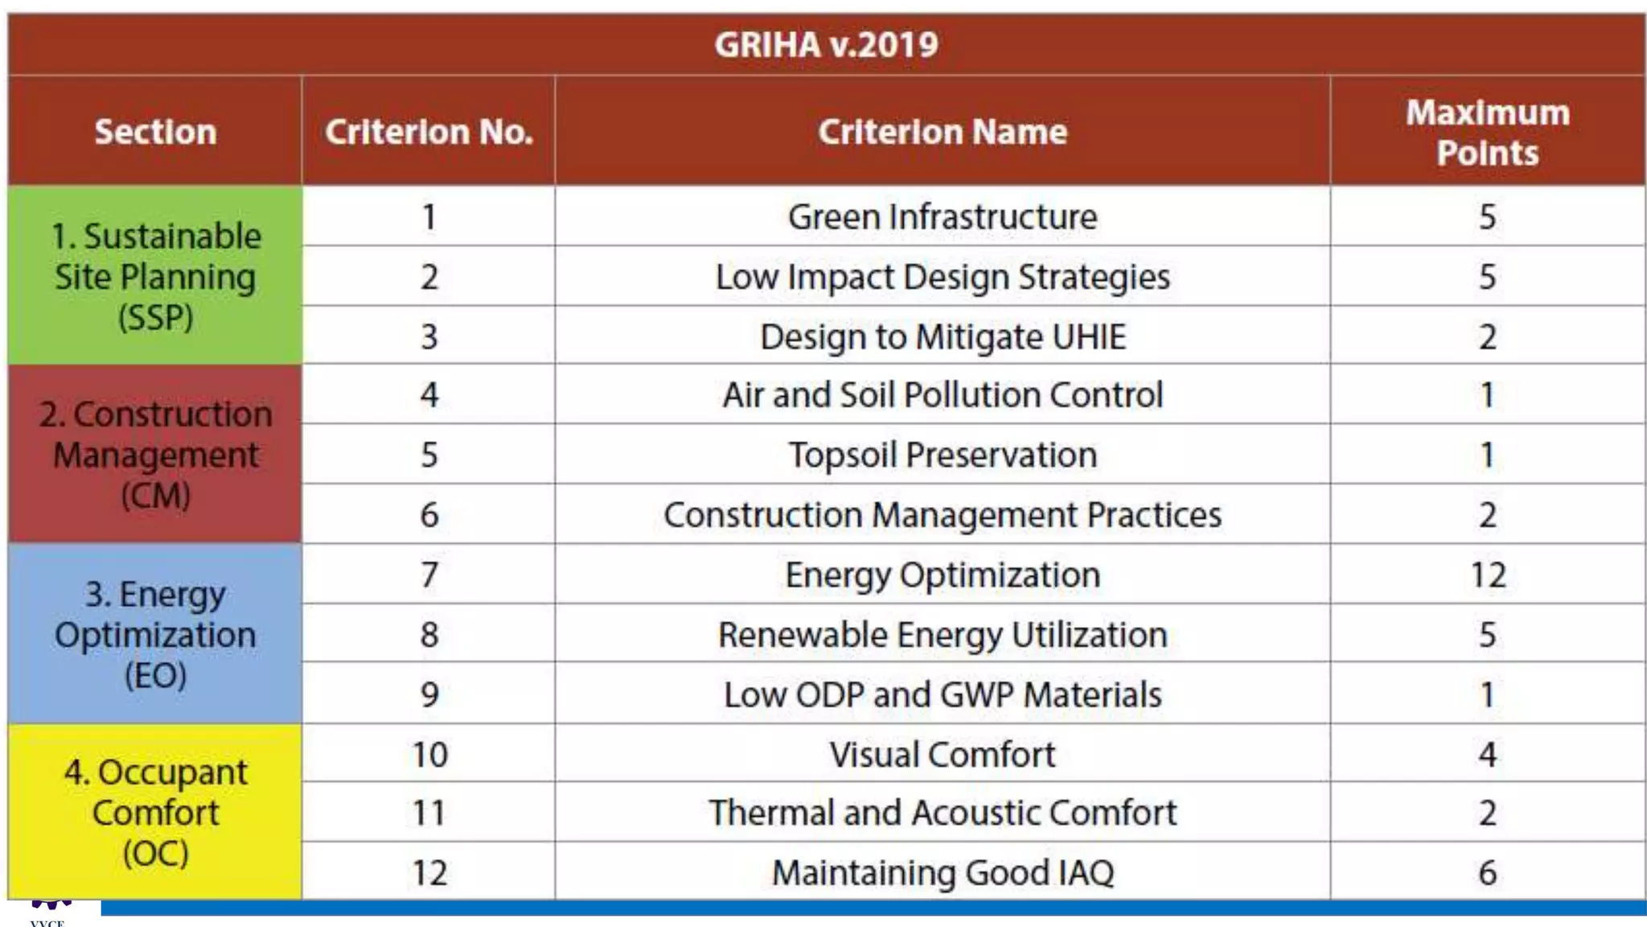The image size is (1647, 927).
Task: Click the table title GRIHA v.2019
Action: (826, 44)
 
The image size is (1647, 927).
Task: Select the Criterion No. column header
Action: (429, 132)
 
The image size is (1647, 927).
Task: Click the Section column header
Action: (155, 132)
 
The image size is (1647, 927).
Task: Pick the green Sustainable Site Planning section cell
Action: (155, 276)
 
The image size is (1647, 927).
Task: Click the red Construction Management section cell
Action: (155, 455)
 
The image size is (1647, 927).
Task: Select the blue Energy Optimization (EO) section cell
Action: (155, 634)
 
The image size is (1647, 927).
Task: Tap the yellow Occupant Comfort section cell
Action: (155, 812)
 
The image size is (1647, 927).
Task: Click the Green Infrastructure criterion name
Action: (942, 217)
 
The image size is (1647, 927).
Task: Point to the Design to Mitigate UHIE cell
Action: (942, 336)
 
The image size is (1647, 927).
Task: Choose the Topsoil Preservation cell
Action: (942, 455)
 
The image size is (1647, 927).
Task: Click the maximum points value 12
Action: (1487, 575)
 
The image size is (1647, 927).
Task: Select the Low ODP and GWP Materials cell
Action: (942, 694)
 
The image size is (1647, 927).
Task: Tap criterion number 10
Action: (429, 755)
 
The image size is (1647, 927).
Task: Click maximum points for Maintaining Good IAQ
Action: (1487, 873)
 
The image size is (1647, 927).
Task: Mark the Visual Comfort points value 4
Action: (1487, 755)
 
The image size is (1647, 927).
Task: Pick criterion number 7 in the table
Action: (429, 575)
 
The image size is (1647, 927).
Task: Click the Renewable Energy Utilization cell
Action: (942, 635)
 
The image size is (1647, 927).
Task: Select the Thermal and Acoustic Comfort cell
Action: (942, 813)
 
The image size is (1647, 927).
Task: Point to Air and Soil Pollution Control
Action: (942, 395)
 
